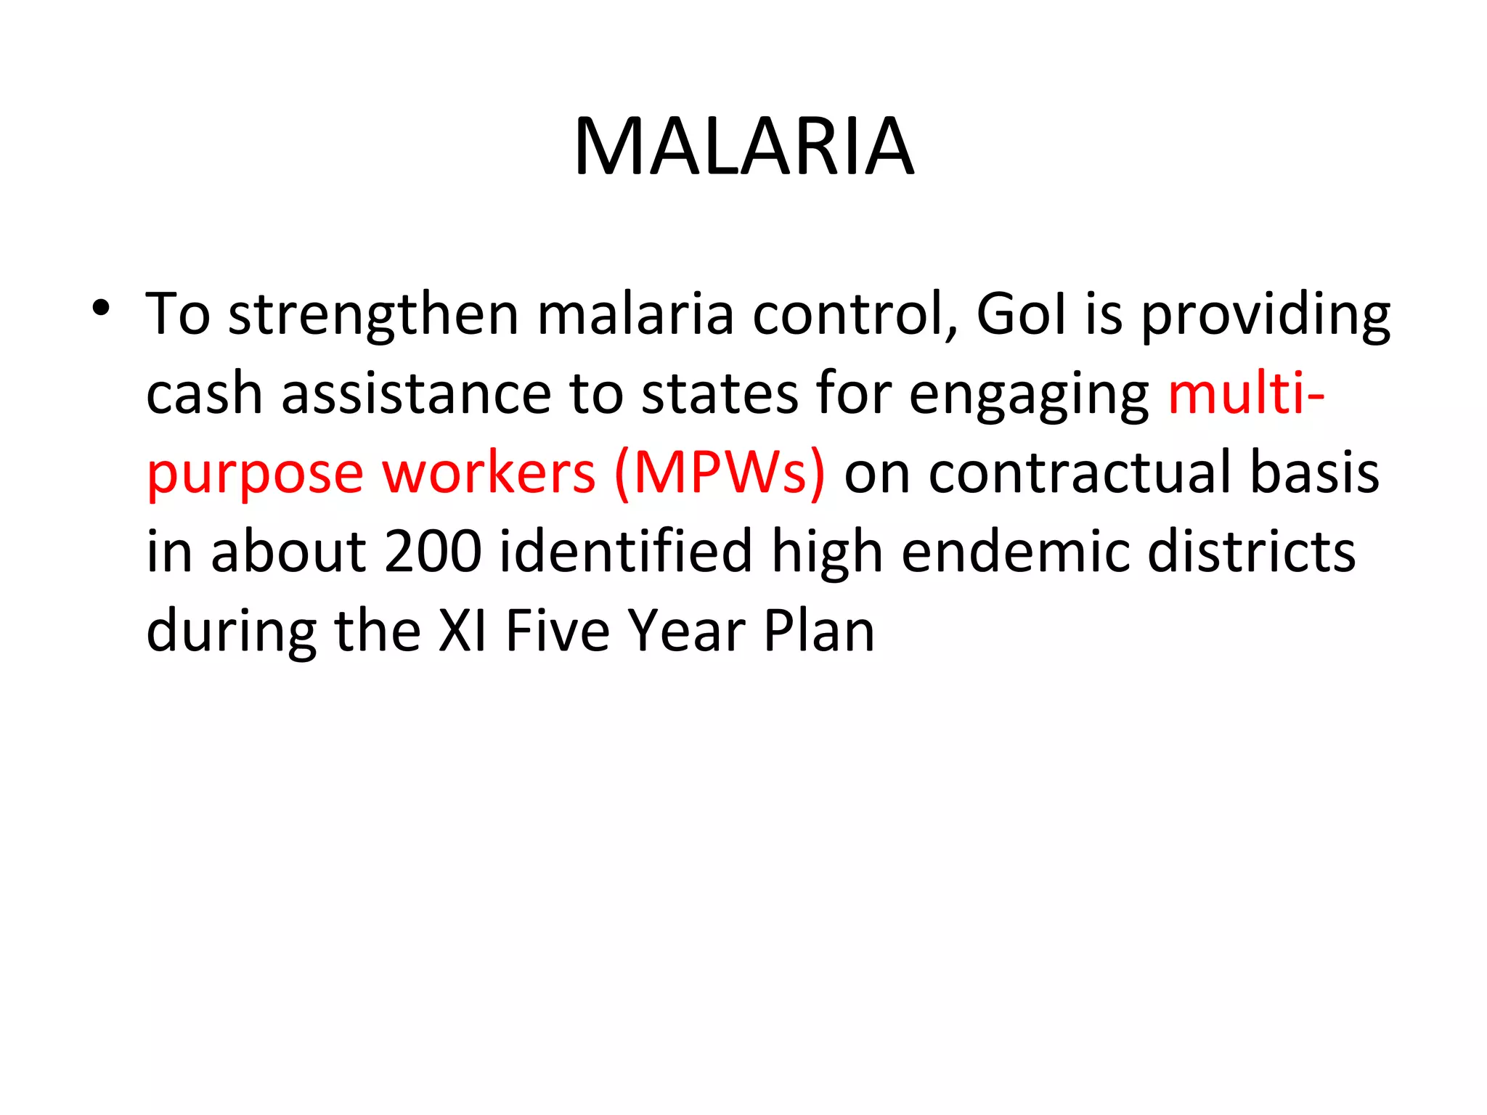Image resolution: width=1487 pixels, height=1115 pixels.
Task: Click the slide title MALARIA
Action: (743, 147)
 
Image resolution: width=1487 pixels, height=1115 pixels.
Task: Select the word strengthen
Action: (373, 316)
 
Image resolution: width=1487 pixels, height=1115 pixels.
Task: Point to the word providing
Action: (1266, 316)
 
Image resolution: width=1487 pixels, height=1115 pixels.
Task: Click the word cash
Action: (204, 394)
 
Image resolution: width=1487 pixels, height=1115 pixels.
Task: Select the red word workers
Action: (489, 473)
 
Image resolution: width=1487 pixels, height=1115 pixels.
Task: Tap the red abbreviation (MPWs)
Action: (720, 473)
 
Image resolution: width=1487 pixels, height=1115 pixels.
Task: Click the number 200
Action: (433, 551)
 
